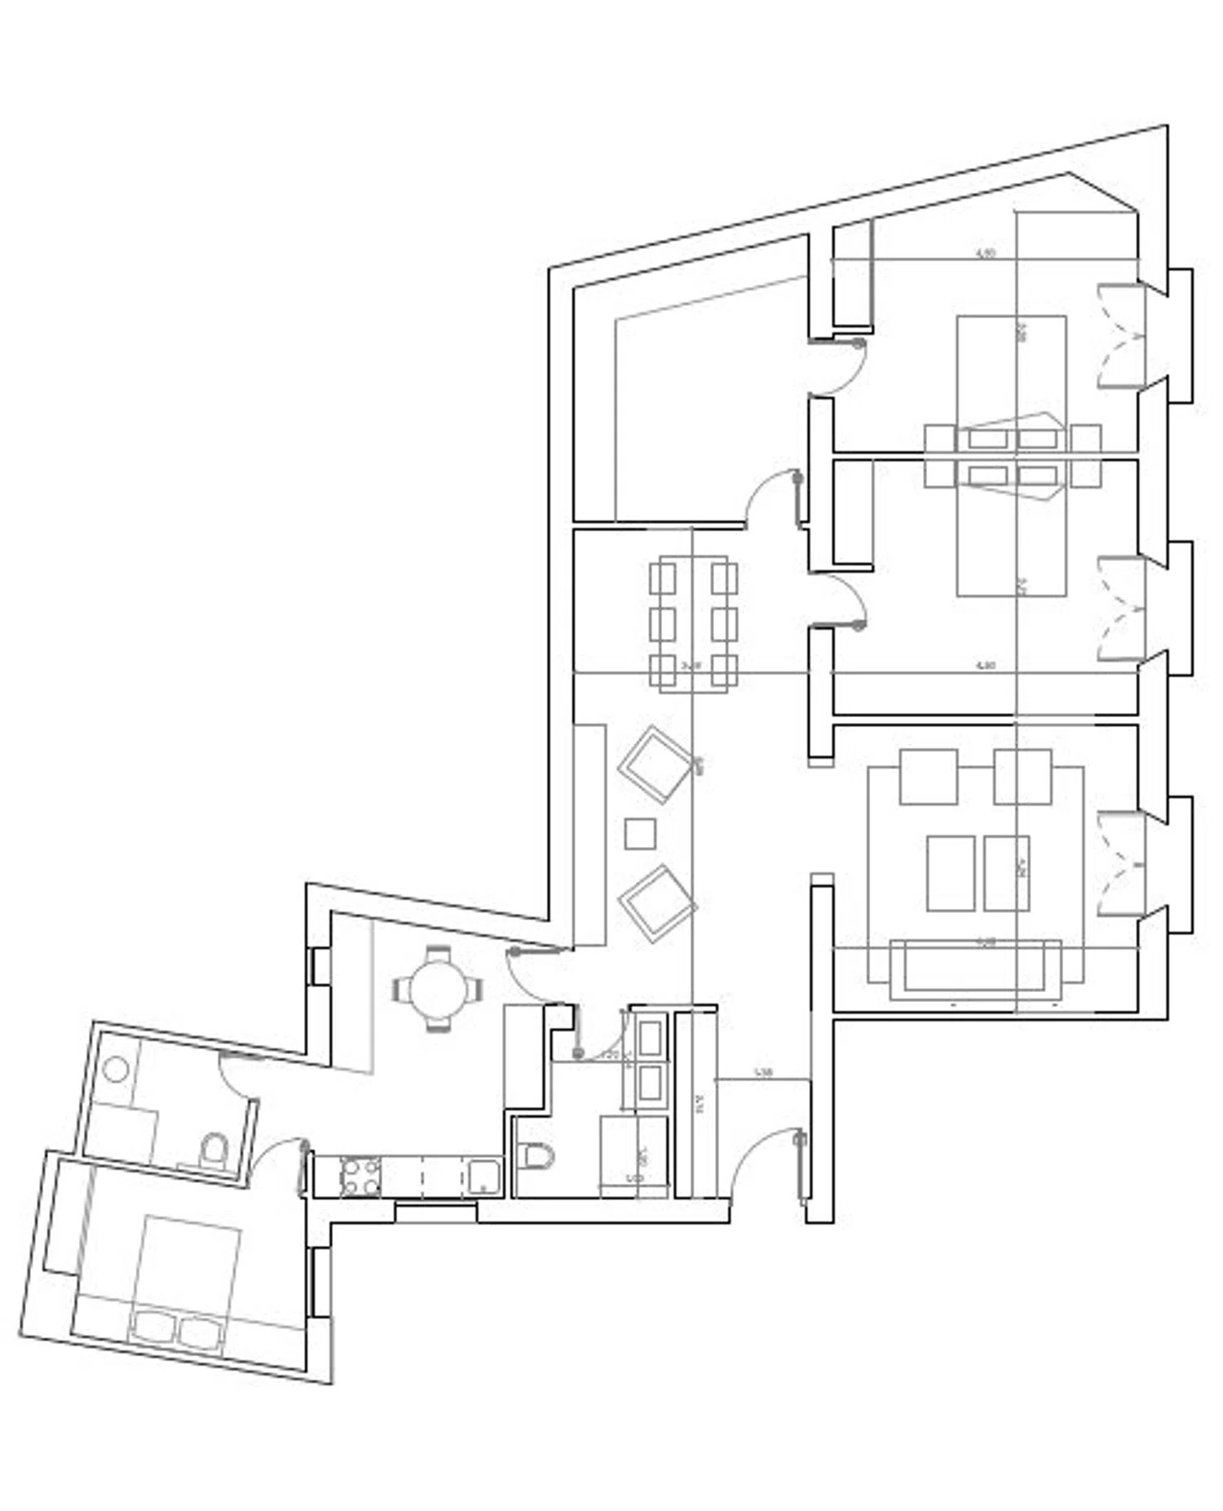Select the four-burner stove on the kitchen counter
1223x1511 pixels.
tap(360, 1177)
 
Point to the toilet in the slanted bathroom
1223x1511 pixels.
tap(214, 1151)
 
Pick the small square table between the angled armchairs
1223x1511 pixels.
tap(640, 833)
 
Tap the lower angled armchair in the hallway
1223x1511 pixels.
tap(656, 904)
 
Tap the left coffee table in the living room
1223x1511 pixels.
tap(951, 873)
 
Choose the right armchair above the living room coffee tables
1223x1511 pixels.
tap(1022, 777)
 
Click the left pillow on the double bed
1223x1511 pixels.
tap(152, 1327)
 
